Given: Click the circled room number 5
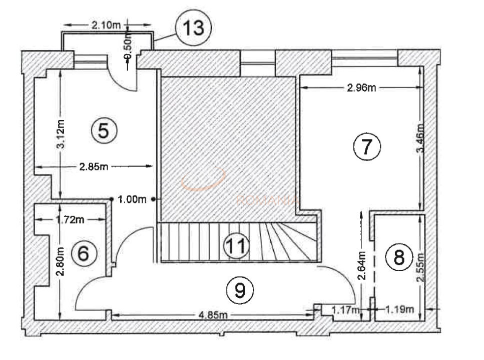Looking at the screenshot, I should tap(104, 130).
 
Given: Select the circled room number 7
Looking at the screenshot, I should tap(367, 146).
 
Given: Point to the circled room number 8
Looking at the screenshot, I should tap(399, 257).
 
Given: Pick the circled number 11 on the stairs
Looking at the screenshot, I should tap(236, 245).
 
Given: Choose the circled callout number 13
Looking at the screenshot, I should tap(193, 28).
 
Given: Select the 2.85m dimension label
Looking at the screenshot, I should tap(94, 166).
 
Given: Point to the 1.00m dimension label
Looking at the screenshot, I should tap(132, 199).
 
